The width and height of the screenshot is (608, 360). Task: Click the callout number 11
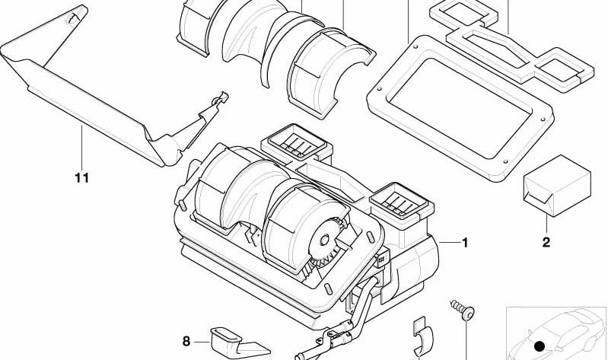[x=82, y=178]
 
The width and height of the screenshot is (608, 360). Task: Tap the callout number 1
[x=465, y=243]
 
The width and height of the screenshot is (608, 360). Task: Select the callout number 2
[x=546, y=243]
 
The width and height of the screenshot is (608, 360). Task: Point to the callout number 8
[x=186, y=342]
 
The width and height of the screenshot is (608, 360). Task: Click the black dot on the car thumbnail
[x=540, y=346]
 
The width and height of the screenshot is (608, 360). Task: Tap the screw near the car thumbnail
[x=463, y=310]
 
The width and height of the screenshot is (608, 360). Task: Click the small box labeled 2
[x=557, y=185]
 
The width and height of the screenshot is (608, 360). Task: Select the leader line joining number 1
[x=449, y=243]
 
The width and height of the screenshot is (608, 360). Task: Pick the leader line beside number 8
[x=202, y=342]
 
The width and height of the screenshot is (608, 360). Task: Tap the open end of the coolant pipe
[x=298, y=356]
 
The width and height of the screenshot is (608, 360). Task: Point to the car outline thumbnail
[x=557, y=333]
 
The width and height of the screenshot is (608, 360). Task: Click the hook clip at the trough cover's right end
[x=220, y=98]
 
